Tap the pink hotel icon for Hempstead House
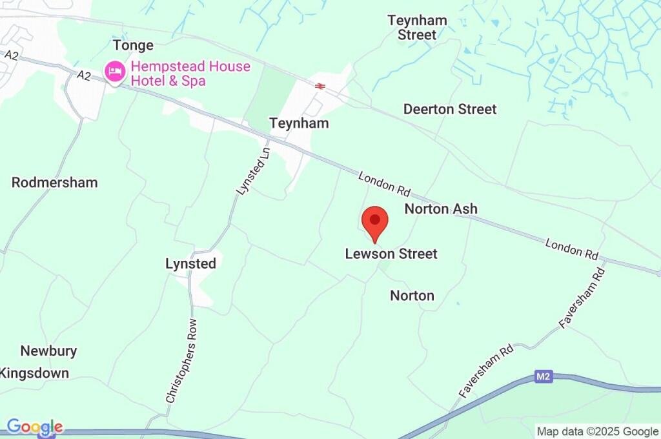115,72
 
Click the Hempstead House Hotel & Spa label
190,74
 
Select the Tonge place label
133,45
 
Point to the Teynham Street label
417,28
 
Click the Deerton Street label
450,109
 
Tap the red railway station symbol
320,86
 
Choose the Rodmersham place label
54,183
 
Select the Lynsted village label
190,263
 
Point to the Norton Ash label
441,209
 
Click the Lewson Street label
391,254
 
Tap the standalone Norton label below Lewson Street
412,296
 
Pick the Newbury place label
48,351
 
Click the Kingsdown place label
35,373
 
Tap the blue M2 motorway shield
544,376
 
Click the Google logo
35,427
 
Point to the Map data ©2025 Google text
598,431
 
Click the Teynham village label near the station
299,123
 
